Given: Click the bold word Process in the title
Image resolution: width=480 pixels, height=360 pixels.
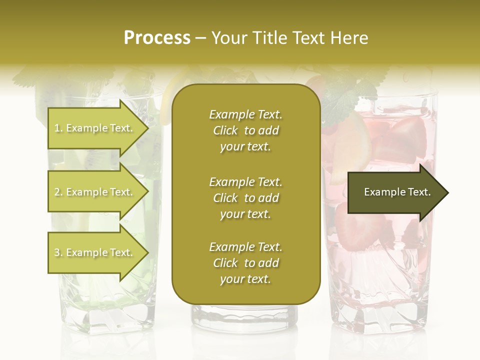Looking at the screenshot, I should click(157, 38).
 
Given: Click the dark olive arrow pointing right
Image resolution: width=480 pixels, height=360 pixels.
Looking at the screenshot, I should click(395, 192).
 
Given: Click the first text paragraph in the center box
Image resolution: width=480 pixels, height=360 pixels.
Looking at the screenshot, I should click(245, 130).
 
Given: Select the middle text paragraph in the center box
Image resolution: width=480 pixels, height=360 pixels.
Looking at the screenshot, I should click(245, 198).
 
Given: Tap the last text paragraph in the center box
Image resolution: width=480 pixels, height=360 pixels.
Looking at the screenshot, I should click(245, 263).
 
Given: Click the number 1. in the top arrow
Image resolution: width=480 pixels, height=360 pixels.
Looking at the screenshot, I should click(58, 128).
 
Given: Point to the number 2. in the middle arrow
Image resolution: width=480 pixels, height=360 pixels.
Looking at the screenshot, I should click(58, 192).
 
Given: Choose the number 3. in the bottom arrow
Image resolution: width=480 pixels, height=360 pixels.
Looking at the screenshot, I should click(58, 253).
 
